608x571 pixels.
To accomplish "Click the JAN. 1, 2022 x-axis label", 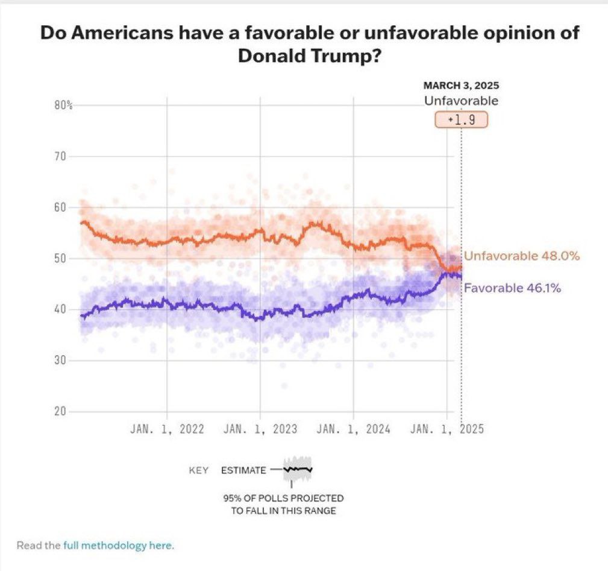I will [167, 429].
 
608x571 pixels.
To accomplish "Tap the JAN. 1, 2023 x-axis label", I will [260, 429].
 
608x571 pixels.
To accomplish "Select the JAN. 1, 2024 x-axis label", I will [353, 429].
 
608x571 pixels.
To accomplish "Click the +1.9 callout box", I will [461, 119].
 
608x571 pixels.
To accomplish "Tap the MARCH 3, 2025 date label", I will [462, 86].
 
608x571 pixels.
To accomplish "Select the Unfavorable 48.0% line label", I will [522, 256].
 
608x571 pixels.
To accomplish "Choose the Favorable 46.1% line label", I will [512, 288].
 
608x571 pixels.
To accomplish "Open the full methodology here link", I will [118, 546].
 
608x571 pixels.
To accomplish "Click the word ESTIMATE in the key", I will [243, 470].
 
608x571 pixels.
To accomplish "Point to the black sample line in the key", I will [299, 468].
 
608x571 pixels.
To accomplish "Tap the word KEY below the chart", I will [199, 470].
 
